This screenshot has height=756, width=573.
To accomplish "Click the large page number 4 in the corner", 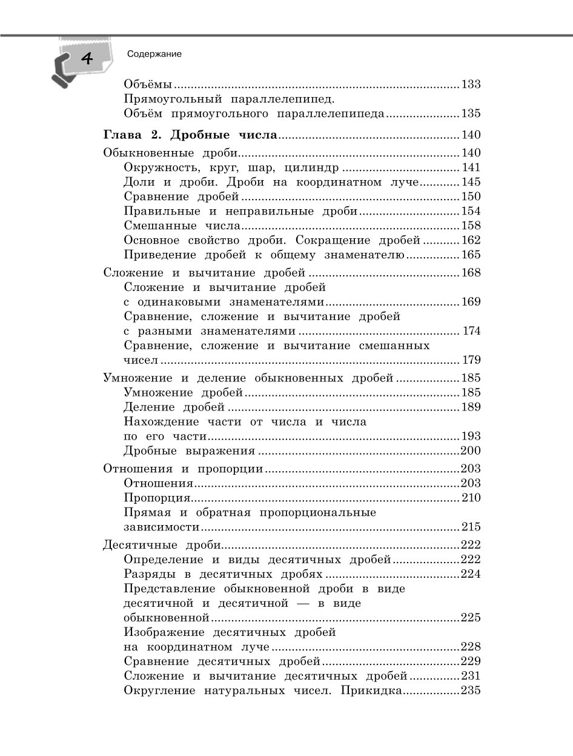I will click(x=86, y=59).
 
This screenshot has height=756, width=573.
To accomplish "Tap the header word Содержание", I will click(x=154, y=54).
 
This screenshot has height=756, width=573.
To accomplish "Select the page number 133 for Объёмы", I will click(x=471, y=84).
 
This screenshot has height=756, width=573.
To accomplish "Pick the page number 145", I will click(x=471, y=182).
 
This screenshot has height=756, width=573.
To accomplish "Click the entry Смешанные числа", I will click(x=182, y=226).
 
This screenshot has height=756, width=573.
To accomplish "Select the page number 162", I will click(x=471, y=241).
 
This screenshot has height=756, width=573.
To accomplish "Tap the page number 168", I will click(x=471, y=273).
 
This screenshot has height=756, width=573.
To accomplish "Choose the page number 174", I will click(x=472, y=331).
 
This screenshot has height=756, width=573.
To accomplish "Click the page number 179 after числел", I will click(x=472, y=360).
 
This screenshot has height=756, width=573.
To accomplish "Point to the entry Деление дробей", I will click(x=174, y=407).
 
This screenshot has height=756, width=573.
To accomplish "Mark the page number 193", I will click(x=471, y=436).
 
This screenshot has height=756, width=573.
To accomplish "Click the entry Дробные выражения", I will click(x=188, y=450).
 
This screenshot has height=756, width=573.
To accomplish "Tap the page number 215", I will click(x=471, y=527).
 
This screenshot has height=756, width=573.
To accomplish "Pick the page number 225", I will click(x=471, y=618).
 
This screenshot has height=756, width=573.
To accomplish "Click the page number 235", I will click(x=471, y=691).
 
